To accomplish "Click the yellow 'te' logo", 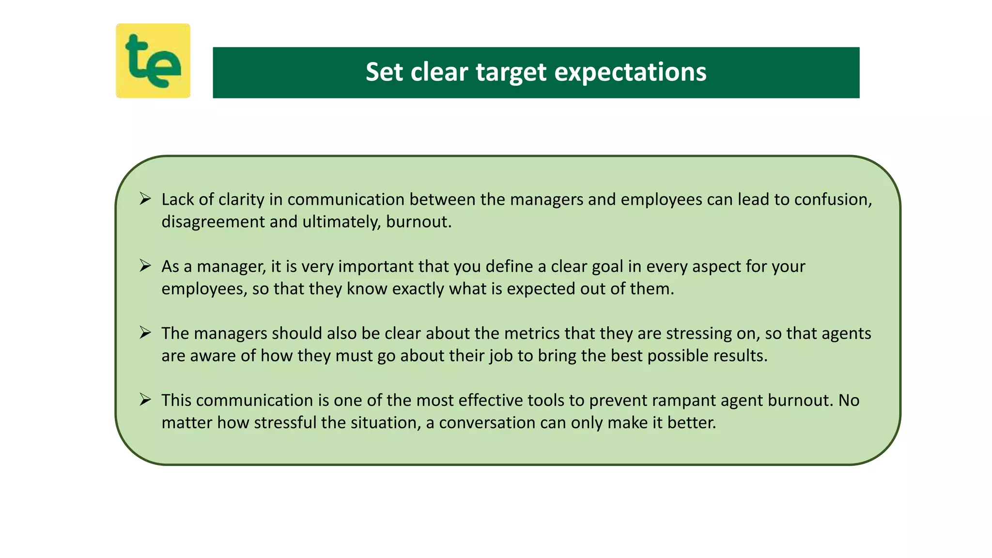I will (x=153, y=61).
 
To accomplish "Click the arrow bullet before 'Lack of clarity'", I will (x=145, y=199).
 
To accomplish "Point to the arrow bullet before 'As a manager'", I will (x=145, y=265).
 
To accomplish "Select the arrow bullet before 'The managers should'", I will (x=145, y=332).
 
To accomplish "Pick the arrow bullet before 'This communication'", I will (x=145, y=399).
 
